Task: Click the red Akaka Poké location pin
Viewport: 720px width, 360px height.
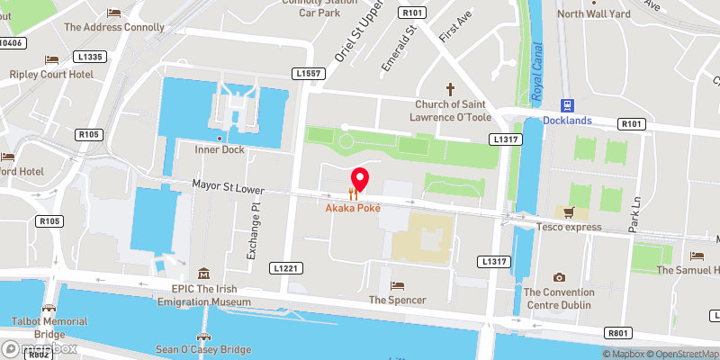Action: pyautogui.click(x=359, y=181)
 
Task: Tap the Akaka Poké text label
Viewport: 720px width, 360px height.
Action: pyautogui.click(x=353, y=208)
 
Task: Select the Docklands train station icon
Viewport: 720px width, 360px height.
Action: pyautogui.click(x=567, y=104)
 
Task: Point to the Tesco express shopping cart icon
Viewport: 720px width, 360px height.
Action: pyautogui.click(x=569, y=212)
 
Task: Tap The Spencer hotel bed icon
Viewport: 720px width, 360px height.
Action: pyautogui.click(x=397, y=285)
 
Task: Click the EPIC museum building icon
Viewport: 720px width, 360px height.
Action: pyautogui.click(x=204, y=274)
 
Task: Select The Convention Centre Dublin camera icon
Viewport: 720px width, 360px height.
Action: pyautogui.click(x=559, y=277)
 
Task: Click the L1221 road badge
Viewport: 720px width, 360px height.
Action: pyautogui.click(x=284, y=268)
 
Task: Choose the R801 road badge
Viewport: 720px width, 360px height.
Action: pyautogui.click(x=617, y=333)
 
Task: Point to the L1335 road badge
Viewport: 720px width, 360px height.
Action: pyautogui.click(x=92, y=57)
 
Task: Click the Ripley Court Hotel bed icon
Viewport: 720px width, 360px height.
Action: pyautogui.click(x=51, y=59)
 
